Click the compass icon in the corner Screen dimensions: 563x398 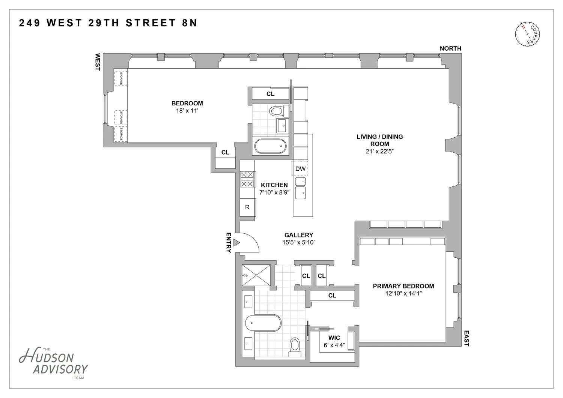tap(527, 34)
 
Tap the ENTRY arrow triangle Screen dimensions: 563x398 tap(236, 243)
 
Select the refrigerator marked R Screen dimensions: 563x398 tap(248, 207)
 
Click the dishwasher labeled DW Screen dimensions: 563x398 tap(300, 168)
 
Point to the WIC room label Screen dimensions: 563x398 tap(334, 338)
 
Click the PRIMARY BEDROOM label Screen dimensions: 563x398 tap(403, 286)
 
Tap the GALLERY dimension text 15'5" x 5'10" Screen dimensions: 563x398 tap(299, 242)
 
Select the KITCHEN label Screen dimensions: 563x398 tap(274, 185)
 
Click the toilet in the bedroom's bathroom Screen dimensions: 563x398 tap(278, 111)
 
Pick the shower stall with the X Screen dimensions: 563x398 tap(256, 275)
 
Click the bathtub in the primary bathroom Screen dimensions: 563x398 tap(263, 323)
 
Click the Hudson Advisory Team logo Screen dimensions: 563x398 tap(53, 363)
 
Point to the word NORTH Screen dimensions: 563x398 tap(450, 48)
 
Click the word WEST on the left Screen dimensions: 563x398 tap(98, 62)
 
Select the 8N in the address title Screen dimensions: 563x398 tap(190, 23)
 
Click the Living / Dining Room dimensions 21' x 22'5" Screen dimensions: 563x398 tap(379, 151)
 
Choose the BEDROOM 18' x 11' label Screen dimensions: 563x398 tap(187, 107)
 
